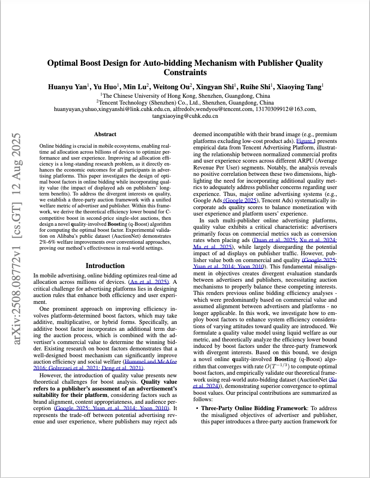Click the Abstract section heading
(x=105, y=134)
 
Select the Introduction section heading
(x=105, y=265)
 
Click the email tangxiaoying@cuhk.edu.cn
(x=185, y=116)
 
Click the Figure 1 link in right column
(x=306, y=140)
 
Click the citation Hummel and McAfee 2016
(x=150, y=361)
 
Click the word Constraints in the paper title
(x=185, y=73)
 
